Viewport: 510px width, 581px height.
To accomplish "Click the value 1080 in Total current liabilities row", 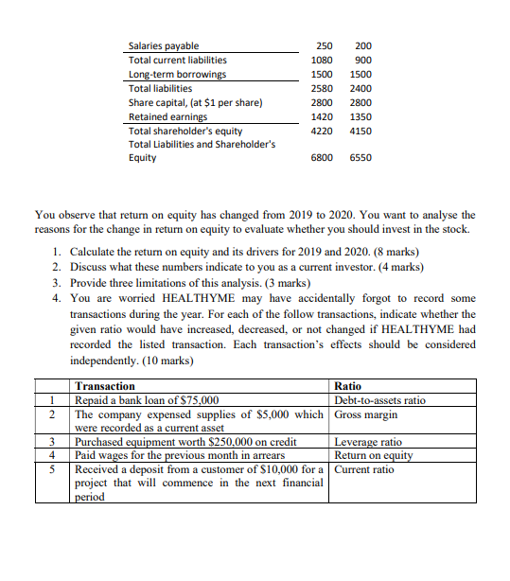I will (324, 60).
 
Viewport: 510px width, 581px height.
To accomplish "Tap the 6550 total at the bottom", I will (361, 158).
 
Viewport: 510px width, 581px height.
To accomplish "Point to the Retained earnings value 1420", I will (324, 116).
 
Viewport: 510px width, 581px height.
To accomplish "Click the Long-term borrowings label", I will (177, 74).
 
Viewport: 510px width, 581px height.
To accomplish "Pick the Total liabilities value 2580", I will (324, 88).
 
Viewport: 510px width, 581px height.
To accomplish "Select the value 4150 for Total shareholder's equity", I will (361, 131).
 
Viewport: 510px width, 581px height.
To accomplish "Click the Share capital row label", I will (195, 102).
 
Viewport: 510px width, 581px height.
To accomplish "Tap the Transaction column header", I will (105, 386).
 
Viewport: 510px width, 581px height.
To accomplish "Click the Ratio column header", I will (348, 386).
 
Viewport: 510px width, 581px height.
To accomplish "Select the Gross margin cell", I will (366, 414).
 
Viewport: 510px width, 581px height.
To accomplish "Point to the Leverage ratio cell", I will (368, 442).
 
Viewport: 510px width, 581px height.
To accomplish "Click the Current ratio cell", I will (364, 469).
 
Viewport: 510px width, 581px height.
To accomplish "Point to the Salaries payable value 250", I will (324, 45).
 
